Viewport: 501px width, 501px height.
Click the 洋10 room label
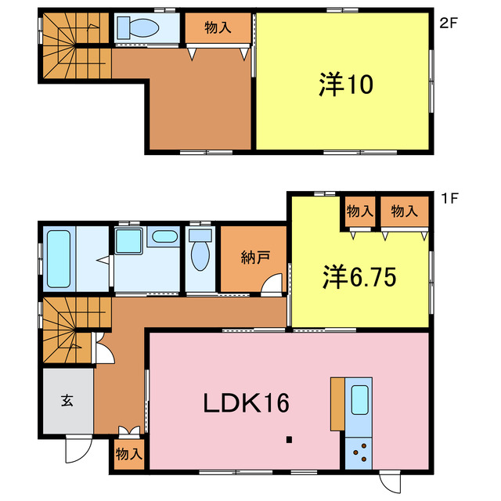tap(344, 85)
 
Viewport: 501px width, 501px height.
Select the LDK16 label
tap(247, 403)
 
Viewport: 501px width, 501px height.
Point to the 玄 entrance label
tap(67, 401)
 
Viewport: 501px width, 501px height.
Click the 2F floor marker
tap(448, 23)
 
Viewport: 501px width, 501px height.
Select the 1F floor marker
tap(448, 199)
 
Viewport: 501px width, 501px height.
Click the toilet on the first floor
tap(200, 253)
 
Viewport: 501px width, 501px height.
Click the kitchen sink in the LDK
tap(361, 401)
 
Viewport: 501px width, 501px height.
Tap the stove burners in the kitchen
tap(361, 452)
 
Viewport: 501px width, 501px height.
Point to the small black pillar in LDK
tap(290, 439)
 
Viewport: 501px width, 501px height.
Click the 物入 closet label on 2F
tap(218, 28)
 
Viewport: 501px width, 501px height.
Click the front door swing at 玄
tap(77, 448)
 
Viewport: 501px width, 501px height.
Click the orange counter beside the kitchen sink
tap(337, 403)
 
